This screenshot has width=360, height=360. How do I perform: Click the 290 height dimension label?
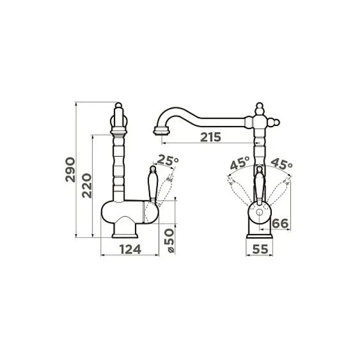pyautogui.click(x=70, y=170)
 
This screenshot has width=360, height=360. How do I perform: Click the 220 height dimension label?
pyautogui.click(x=87, y=186)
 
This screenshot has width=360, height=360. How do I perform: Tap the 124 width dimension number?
pyautogui.click(x=130, y=249)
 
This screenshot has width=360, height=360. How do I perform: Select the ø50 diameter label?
pyautogui.click(x=171, y=241)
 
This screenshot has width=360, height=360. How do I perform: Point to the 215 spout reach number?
pyautogui.click(x=211, y=137)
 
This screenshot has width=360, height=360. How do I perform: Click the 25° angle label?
pyautogui.click(x=168, y=160)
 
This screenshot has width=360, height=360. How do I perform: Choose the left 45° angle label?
pyautogui.click(x=239, y=163)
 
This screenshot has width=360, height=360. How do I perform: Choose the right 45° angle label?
pyautogui.click(x=282, y=163)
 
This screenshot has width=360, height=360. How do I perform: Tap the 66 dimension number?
pyautogui.click(x=280, y=223)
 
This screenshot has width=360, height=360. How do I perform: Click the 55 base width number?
pyautogui.click(x=260, y=249)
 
